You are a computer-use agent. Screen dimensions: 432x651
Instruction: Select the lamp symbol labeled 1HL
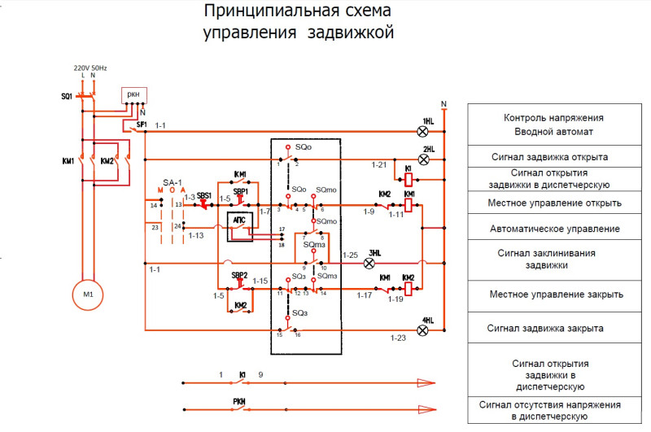coord(422,130)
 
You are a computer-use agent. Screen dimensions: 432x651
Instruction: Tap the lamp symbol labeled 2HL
coord(422,159)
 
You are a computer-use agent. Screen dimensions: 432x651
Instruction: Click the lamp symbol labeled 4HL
coord(422,329)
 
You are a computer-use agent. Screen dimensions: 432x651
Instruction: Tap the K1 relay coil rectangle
coord(409,178)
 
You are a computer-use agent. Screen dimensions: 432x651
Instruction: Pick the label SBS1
coord(204,196)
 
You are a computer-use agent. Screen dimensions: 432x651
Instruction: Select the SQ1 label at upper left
coord(67,97)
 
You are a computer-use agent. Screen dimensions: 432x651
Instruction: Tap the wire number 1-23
coord(398,338)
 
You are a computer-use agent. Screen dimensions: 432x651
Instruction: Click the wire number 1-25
coord(351,255)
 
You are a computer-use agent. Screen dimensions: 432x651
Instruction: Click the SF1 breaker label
coord(142,124)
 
